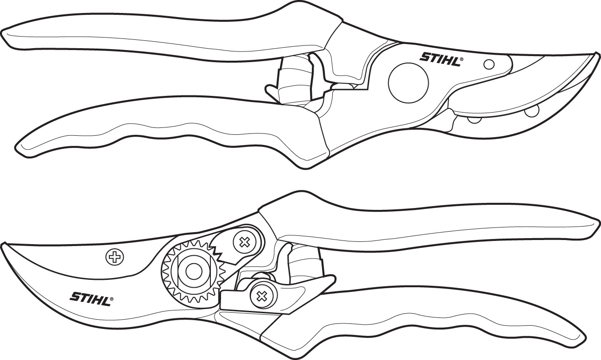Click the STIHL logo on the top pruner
click(440, 59)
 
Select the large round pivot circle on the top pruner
click(408, 83)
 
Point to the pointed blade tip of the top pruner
click(595, 56)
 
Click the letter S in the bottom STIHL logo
click(74, 296)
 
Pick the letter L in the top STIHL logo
click(455, 60)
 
